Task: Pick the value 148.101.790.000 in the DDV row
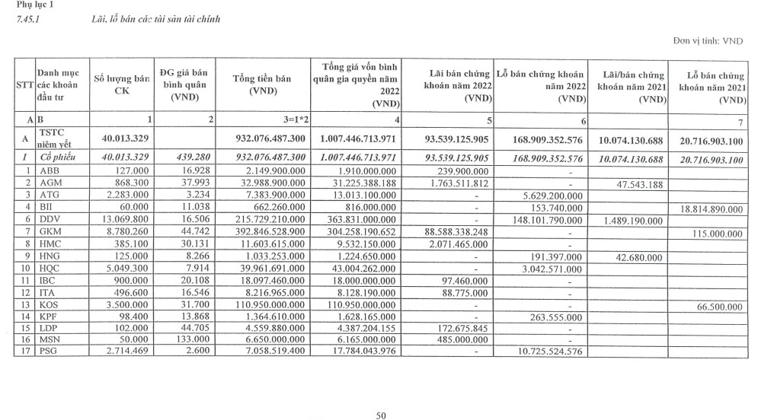coord(541,220)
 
